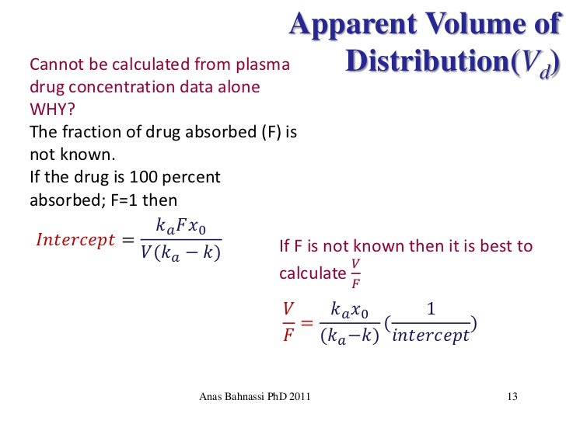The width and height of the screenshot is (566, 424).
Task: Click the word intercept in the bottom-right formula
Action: (x=431, y=336)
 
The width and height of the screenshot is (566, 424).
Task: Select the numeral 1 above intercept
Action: (x=431, y=310)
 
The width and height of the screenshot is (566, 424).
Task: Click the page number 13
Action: (x=512, y=398)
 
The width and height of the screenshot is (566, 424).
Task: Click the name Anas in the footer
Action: (x=212, y=398)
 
